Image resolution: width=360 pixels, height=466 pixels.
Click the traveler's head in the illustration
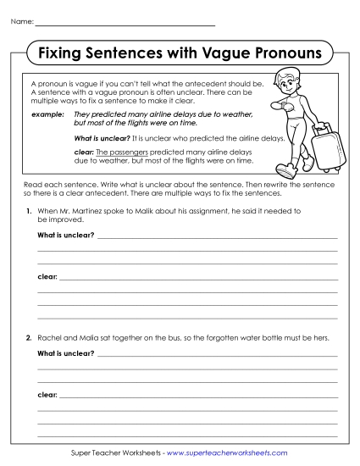(293, 85)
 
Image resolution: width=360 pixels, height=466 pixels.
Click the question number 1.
(30, 209)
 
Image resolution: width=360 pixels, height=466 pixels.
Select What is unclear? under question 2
(65, 353)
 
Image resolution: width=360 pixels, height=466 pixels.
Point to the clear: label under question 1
(47, 277)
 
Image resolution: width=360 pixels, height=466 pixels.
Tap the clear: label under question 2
(47, 394)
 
